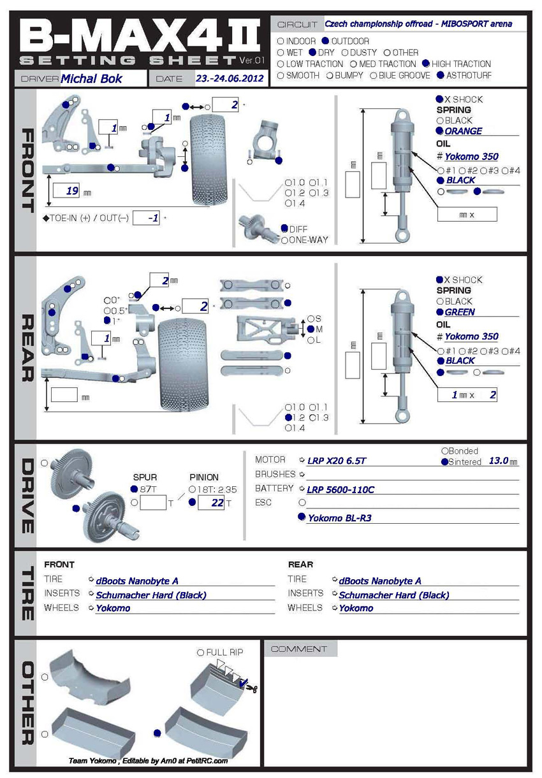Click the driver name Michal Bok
pyautogui.click(x=91, y=79)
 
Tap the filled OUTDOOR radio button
pyautogui.click(x=326, y=41)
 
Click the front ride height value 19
pyautogui.click(x=72, y=191)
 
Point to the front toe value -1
pyautogui.click(x=152, y=218)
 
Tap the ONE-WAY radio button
pyautogui.click(x=284, y=240)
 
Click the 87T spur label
pyautogui.click(x=148, y=489)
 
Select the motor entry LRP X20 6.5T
pyautogui.click(x=337, y=460)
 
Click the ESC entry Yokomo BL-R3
pyautogui.click(x=339, y=518)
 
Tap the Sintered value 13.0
pyautogui.click(x=498, y=461)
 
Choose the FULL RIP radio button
pyautogui.click(x=201, y=652)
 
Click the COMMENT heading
pyautogui.click(x=298, y=649)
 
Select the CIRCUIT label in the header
pyautogui.click(x=297, y=25)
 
